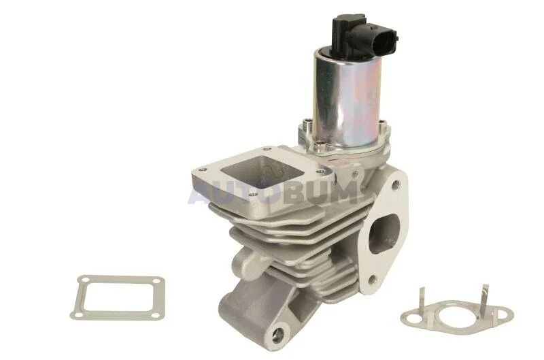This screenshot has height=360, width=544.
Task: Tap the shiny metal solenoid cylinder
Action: (346, 98)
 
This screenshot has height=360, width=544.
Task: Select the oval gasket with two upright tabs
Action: (456, 314)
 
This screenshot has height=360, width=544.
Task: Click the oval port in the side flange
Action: (384, 233)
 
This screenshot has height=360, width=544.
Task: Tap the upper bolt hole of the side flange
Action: (394, 186)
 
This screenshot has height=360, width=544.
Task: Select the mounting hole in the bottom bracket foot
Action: (278, 333)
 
